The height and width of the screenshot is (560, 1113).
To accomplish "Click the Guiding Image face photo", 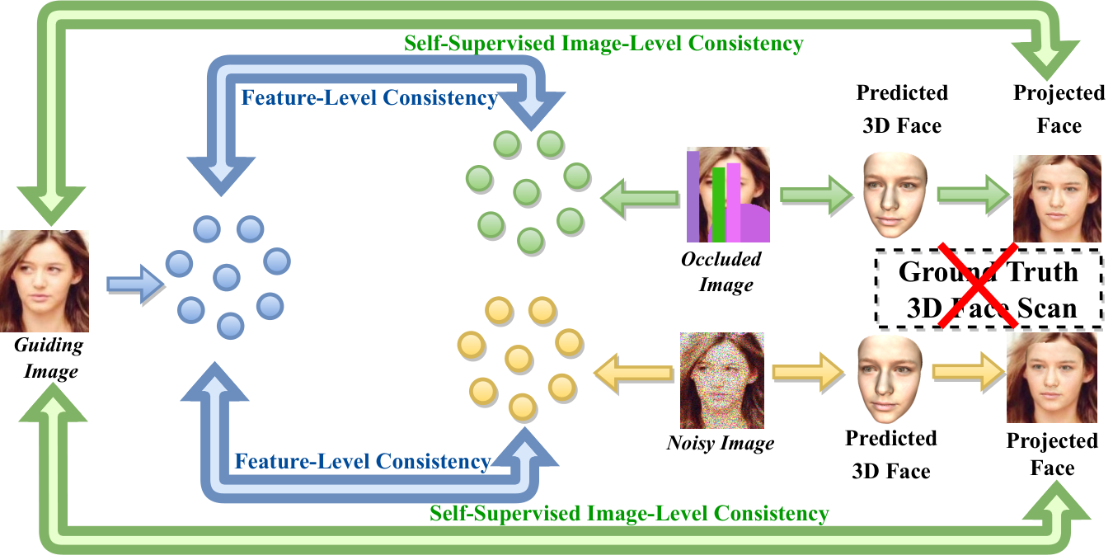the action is click(x=45, y=280).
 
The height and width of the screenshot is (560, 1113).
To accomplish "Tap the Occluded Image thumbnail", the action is click(x=729, y=195).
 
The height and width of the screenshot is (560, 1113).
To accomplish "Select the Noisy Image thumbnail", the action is click(x=722, y=380).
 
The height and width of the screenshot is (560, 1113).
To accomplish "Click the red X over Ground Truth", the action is click(x=978, y=285).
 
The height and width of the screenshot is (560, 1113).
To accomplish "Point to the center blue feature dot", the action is click(x=227, y=277).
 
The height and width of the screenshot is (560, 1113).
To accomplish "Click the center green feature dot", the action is click(x=527, y=193).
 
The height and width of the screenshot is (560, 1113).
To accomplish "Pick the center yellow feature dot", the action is click(x=519, y=359).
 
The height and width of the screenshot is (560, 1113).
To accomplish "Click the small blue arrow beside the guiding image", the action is click(x=135, y=285).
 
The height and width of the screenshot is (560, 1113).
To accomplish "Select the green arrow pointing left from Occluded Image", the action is click(x=640, y=198).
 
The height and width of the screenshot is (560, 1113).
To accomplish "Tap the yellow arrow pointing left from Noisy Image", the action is click(x=633, y=373).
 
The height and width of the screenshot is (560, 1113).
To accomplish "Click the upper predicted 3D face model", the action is click(x=895, y=195).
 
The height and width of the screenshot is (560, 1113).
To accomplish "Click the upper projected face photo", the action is click(x=1057, y=199).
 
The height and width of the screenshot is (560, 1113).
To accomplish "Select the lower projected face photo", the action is click(x=1052, y=378).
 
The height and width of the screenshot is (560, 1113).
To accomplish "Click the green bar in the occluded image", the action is click(x=718, y=204).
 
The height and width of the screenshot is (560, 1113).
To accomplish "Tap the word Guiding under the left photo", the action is click(x=49, y=346).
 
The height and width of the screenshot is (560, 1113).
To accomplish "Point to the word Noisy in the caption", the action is click(x=690, y=443).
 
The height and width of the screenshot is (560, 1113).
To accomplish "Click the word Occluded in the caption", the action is click(x=721, y=259).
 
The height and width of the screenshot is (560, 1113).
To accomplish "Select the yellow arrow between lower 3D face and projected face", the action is click(x=969, y=372).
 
